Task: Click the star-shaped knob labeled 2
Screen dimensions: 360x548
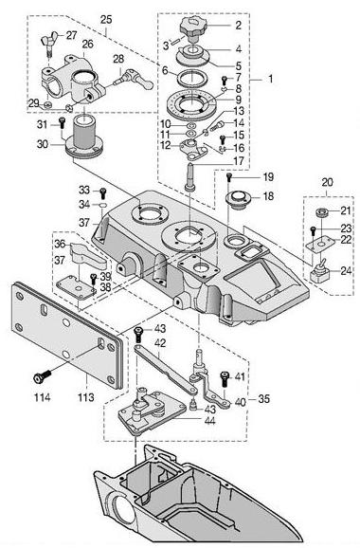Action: tap(193, 27)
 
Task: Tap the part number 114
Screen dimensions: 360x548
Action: tap(42, 397)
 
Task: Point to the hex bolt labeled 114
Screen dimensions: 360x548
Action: tap(42, 376)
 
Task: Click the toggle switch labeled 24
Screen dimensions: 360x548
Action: tap(320, 271)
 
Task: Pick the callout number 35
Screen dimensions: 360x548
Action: tap(264, 399)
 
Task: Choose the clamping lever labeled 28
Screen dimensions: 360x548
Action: tap(135, 80)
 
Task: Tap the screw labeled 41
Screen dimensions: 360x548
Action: tap(225, 379)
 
